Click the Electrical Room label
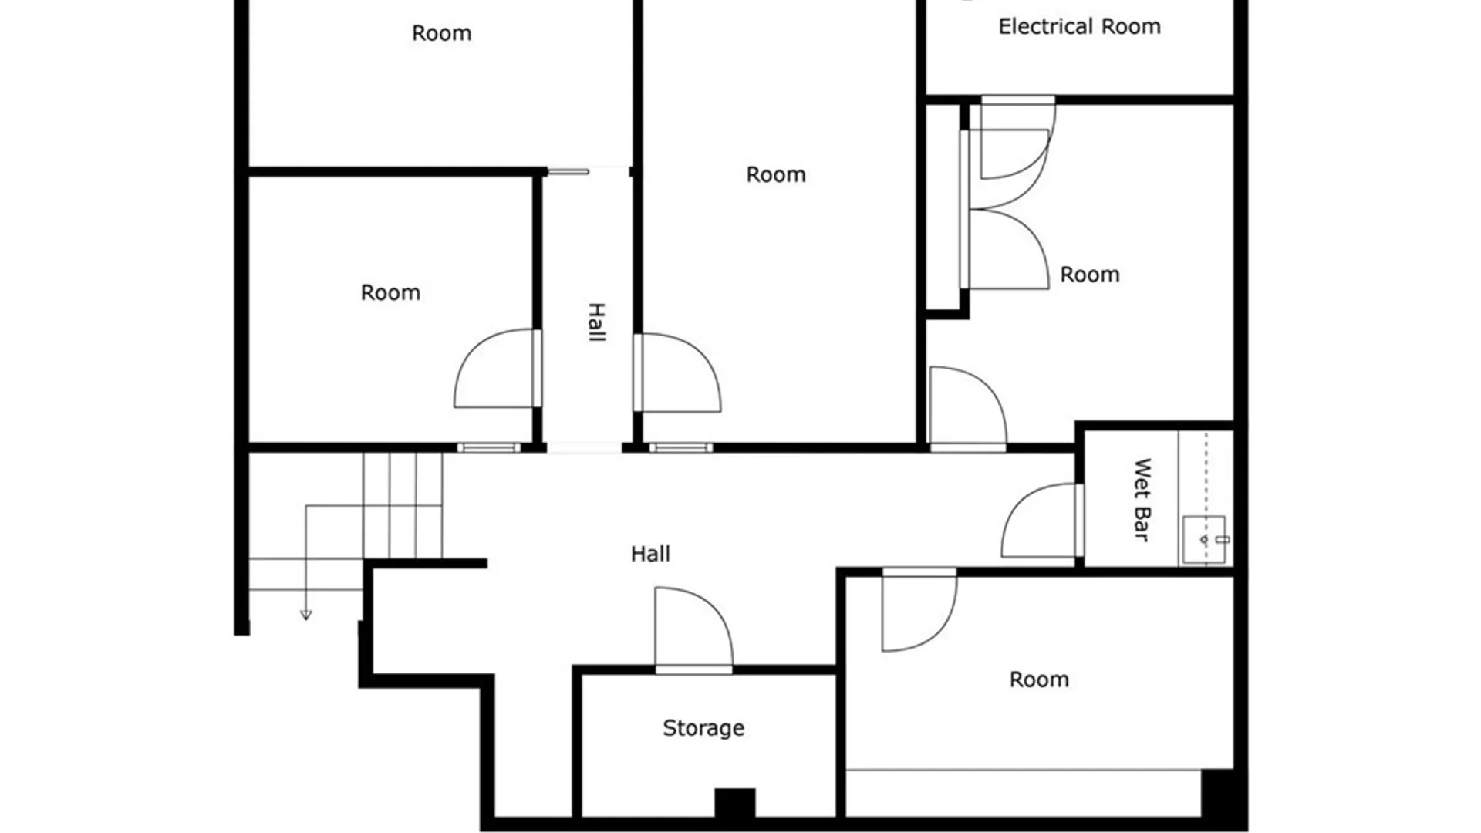(x=1079, y=27)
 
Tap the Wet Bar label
(x=1142, y=500)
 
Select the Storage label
(x=703, y=728)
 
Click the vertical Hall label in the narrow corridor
(x=596, y=322)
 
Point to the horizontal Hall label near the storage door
(x=650, y=554)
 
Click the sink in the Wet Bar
(x=1204, y=540)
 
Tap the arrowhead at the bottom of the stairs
(x=306, y=615)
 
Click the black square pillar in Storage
(x=734, y=802)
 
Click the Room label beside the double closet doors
(x=1089, y=275)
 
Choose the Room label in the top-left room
(x=441, y=34)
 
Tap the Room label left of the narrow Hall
(x=390, y=293)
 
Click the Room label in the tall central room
(x=775, y=175)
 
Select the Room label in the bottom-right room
(x=1039, y=680)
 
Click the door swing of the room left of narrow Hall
(x=494, y=370)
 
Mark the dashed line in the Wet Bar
(x=1206, y=478)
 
